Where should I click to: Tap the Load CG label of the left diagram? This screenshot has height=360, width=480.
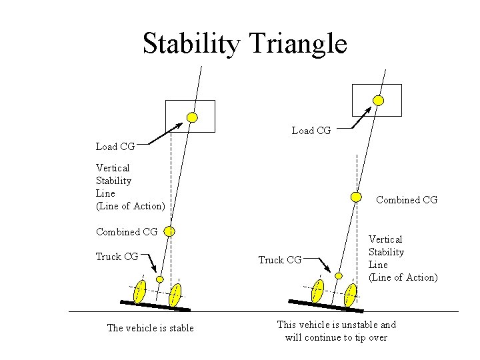tap(115, 146)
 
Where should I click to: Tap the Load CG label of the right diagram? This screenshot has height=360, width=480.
tap(311, 131)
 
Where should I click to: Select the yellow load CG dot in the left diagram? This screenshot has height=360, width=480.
tap(192, 117)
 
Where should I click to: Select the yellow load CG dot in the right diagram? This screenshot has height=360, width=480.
tap(378, 101)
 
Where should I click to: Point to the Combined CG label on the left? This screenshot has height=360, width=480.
tap(127, 232)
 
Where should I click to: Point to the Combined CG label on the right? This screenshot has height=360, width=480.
tap(407, 199)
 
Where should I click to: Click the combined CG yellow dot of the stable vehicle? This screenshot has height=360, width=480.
tap(170, 231)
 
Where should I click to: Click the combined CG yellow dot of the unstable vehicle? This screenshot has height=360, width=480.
tap(356, 197)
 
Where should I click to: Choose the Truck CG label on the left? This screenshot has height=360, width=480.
tap(117, 257)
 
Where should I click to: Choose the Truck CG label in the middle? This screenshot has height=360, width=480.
tap(280, 260)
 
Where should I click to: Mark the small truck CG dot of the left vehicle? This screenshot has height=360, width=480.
tap(160, 279)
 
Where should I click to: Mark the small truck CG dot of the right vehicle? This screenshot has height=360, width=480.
tap(339, 275)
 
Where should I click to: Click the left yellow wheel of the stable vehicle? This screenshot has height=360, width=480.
tap(140, 291)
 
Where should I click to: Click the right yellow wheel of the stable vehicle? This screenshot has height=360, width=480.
tap(175, 294)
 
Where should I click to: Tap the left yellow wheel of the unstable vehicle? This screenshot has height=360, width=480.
tap(318, 291)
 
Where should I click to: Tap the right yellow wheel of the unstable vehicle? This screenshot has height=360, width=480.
tap(351, 295)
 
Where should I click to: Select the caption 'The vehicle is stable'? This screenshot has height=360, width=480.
tap(151, 327)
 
